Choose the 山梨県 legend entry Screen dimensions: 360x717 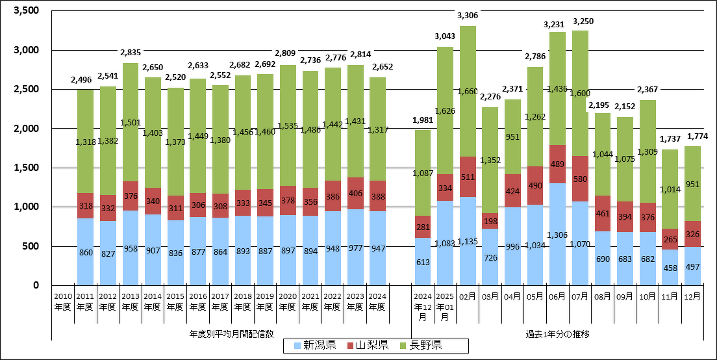pos(366,345)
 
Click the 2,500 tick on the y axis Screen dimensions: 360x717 pos(25,89)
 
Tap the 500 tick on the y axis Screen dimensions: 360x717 pos(31,246)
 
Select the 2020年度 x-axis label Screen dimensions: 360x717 pos(287,301)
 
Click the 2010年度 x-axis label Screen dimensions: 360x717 pos(62,301)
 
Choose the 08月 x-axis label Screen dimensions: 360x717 pos(603,296)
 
